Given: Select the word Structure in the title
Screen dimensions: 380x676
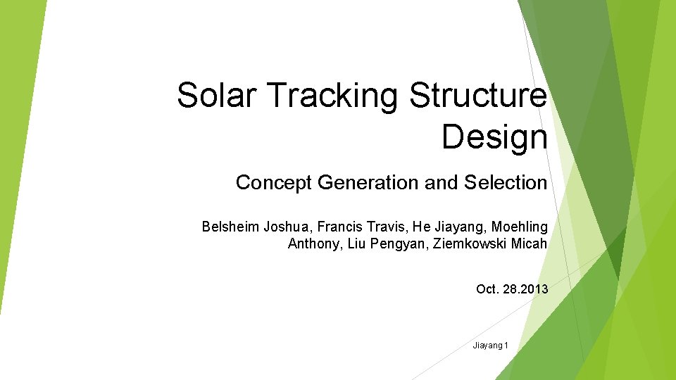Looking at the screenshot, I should pyautogui.click(x=478, y=95).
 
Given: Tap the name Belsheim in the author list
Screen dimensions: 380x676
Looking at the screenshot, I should pyautogui.click(x=230, y=227).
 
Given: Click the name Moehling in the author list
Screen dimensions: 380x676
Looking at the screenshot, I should pyautogui.click(x=519, y=227).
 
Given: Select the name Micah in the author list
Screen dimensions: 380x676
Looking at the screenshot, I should pyautogui.click(x=530, y=244).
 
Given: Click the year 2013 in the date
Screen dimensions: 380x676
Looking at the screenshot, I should pyautogui.click(x=533, y=289).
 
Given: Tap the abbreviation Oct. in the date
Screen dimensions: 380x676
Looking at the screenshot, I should pyautogui.click(x=488, y=289).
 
